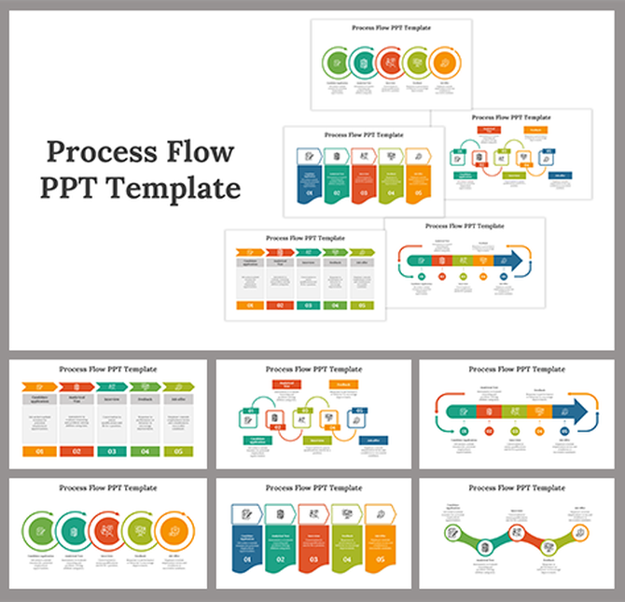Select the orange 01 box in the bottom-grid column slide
(38, 451)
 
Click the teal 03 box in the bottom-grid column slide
(111, 451)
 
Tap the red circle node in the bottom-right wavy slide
(513, 534)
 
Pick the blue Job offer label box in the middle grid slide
(372, 440)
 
